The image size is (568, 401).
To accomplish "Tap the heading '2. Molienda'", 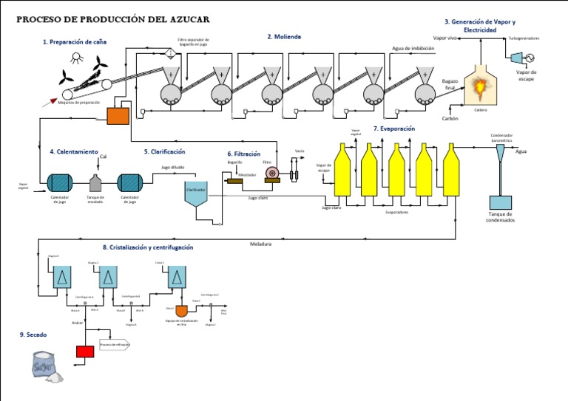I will point(284,36).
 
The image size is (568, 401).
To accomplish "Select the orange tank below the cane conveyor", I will point(118,116).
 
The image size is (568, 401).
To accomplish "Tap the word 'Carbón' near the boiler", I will point(450,118).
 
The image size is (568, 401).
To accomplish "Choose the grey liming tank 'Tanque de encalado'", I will point(95,182).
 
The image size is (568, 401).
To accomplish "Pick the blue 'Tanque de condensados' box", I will point(501,202).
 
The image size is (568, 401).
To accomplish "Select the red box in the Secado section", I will point(85,352).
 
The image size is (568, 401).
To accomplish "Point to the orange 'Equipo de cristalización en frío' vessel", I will point(180,310).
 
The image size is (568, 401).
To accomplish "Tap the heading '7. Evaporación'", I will point(394,128).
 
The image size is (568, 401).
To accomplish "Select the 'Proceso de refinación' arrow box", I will point(115,345).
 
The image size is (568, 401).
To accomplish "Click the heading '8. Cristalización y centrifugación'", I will point(148,247).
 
